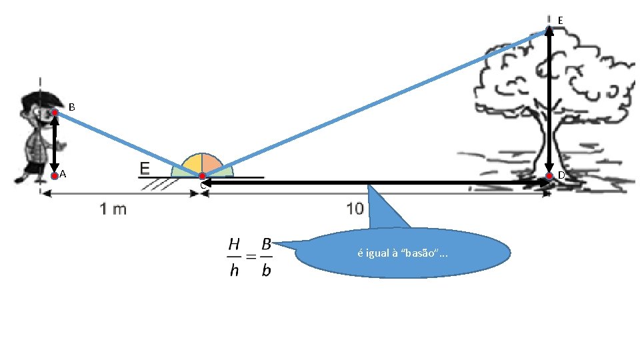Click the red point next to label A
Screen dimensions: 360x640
click(x=55, y=176)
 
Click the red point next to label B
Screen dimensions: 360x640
click(x=55, y=113)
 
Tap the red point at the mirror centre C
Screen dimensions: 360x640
click(x=202, y=176)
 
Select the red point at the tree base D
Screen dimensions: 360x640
click(x=549, y=176)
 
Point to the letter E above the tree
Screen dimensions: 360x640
click(x=560, y=21)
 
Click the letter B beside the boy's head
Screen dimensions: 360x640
click(x=71, y=107)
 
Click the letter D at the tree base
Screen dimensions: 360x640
click(x=561, y=175)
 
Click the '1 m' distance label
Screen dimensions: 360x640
click(x=113, y=209)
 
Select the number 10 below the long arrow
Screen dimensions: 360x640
click(x=355, y=209)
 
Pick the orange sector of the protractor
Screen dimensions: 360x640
click(x=211, y=164)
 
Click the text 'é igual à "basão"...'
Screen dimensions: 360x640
click(x=403, y=253)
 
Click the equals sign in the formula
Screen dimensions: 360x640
click(x=249, y=257)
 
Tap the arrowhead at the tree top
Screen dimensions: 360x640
click(x=549, y=29)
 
